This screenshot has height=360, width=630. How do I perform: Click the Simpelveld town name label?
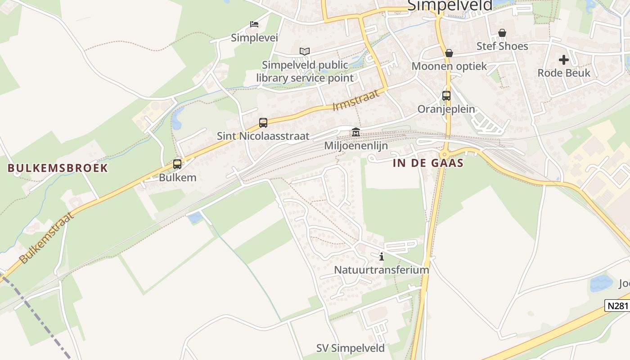(x=450, y=5)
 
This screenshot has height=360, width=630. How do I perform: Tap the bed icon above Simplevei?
(x=254, y=24)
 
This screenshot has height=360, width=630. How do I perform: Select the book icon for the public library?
(x=305, y=51)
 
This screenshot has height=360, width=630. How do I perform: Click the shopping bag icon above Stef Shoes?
(x=502, y=33)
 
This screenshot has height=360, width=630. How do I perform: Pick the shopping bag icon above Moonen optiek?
(x=449, y=53)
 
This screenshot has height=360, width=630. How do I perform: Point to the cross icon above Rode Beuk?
(x=563, y=60)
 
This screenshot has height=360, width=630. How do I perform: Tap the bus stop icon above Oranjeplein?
(x=446, y=96)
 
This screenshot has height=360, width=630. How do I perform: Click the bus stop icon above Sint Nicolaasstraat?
(x=263, y=122)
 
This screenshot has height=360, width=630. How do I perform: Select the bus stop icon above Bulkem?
(x=177, y=164)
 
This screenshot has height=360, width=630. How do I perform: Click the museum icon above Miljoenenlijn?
(x=355, y=132)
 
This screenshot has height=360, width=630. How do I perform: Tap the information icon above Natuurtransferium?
(x=382, y=256)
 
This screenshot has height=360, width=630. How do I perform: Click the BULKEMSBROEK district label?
(x=58, y=168)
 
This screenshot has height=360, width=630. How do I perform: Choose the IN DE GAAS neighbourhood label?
(x=428, y=163)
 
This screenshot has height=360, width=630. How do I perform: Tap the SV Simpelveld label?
(x=350, y=348)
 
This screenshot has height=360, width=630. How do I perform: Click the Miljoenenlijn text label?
(x=356, y=145)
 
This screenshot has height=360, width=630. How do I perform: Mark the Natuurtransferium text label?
(x=381, y=270)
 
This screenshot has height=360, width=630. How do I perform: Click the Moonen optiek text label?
(x=449, y=66)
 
